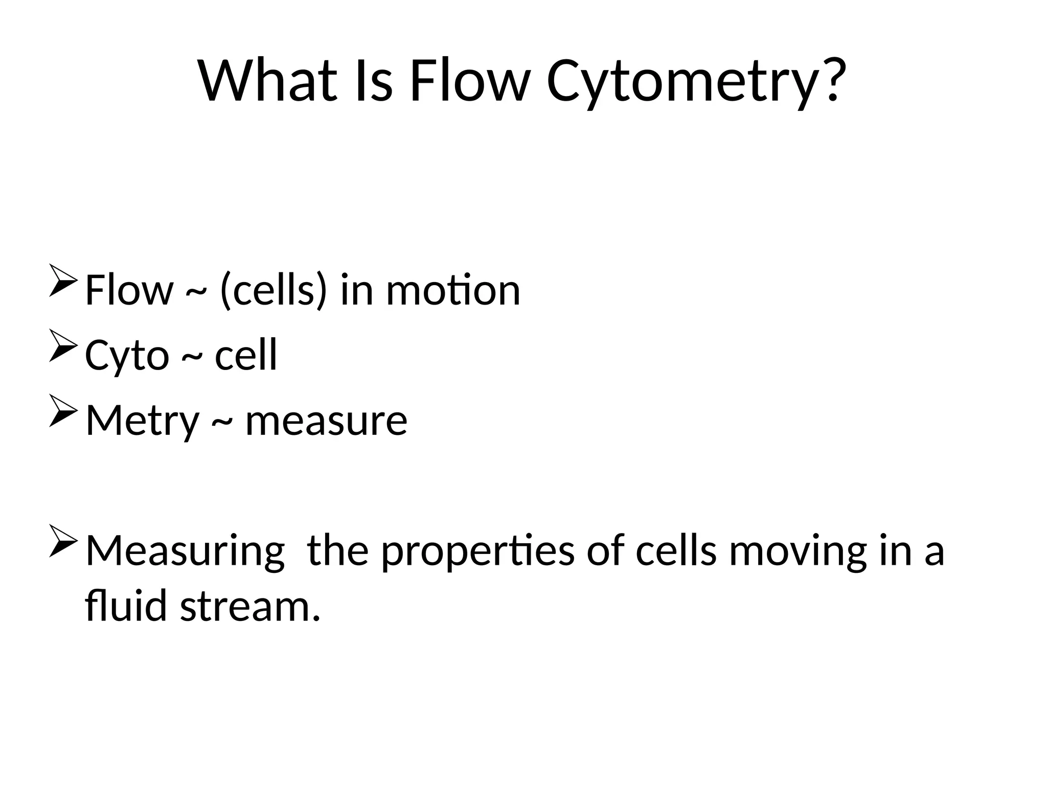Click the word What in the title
(x=268, y=81)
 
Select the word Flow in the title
(x=468, y=81)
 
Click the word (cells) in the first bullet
(x=272, y=290)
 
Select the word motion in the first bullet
(x=453, y=290)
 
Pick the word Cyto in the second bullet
(x=127, y=356)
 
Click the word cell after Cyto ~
(x=246, y=355)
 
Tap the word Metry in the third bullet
(x=142, y=421)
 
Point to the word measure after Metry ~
(x=326, y=421)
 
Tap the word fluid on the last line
(x=126, y=606)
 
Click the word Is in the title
(x=373, y=81)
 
